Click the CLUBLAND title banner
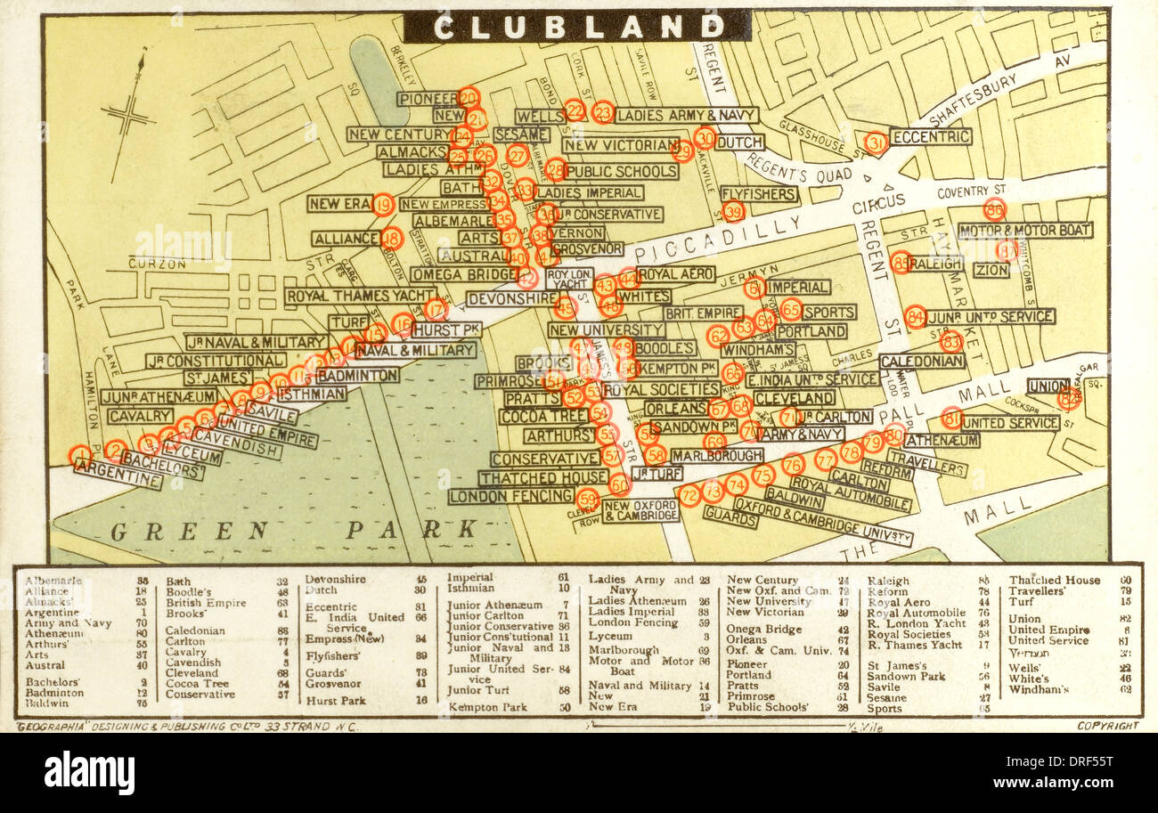577,26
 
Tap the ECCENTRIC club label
931,137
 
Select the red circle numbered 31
876,142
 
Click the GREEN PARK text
294,531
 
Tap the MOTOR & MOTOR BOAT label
1024,230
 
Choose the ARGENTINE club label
118,474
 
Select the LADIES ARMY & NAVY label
686,115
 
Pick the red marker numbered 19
383,205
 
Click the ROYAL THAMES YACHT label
361,296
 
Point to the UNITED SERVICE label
1010,422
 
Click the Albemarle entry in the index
54,581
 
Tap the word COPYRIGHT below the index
1107,726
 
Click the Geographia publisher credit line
187,727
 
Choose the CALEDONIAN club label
922,361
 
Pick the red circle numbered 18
392,238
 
